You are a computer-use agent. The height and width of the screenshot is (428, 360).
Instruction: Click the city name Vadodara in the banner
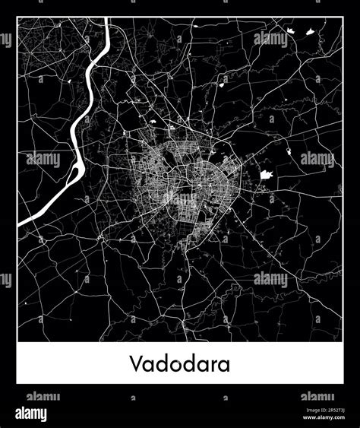point(179,363)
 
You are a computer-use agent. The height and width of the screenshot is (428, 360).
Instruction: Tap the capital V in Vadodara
point(134,363)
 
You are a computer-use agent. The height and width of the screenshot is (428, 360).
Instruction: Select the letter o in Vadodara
point(172,365)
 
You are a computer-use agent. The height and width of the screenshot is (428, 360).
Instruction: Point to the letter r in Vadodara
point(213,365)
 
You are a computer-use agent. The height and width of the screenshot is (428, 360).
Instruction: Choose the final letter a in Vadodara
point(224,365)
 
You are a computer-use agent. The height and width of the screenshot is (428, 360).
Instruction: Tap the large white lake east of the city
point(267,174)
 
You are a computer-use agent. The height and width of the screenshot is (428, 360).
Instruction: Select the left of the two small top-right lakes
point(290,30)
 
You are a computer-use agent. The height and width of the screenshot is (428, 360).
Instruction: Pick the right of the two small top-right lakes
point(310,33)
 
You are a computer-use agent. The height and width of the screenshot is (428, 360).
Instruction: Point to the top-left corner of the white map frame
point(17,18)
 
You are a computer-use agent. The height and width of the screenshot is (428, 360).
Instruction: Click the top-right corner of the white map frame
point(343,18)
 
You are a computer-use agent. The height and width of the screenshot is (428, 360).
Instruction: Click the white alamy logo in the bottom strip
point(28,414)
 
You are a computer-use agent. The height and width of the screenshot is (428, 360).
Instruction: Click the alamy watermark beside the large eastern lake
point(317,160)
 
